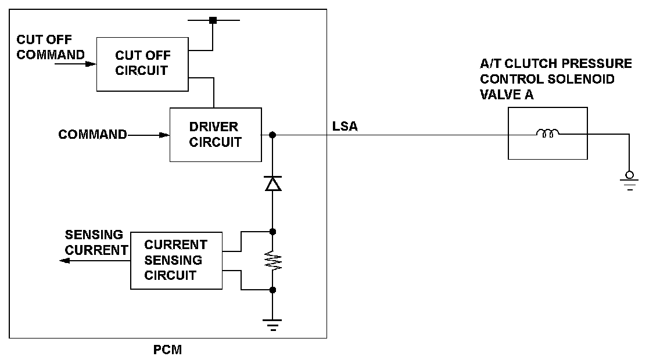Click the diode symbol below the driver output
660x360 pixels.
(272, 184)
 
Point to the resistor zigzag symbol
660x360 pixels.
(272, 261)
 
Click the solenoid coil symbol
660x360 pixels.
(548, 134)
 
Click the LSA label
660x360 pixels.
(345, 126)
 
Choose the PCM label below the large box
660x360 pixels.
(167, 350)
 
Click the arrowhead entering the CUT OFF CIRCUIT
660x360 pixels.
(91, 64)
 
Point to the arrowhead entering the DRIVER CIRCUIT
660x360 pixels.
(164, 135)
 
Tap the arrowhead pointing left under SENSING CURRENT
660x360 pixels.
(65, 261)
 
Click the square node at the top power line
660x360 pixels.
(213, 20)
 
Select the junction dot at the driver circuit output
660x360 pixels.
(272, 135)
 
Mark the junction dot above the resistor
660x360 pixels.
(272, 232)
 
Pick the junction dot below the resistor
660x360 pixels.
(272, 290)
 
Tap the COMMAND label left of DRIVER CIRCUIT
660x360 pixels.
(92, 135)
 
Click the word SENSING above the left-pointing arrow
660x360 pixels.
(94, 235)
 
